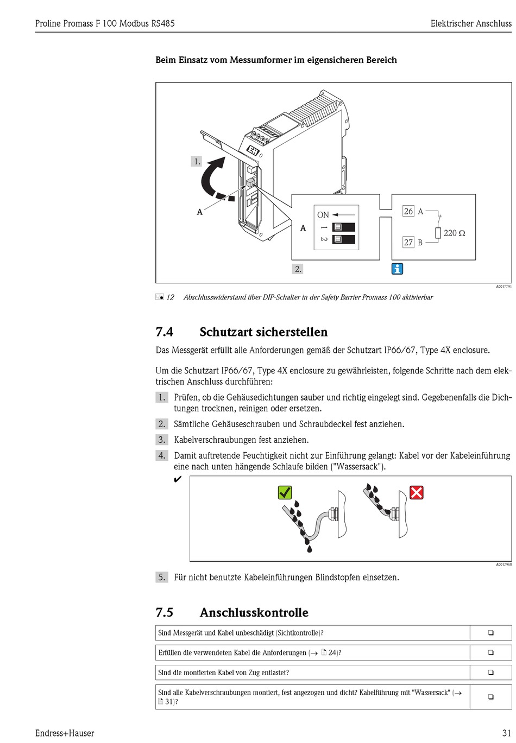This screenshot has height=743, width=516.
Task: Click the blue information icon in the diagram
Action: pyautogui.click(x=398, y=269)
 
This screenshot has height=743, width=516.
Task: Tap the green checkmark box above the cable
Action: pyautogui.click(x=285, y=492)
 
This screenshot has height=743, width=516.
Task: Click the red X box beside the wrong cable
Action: pyautogui.click(x=417, y=492)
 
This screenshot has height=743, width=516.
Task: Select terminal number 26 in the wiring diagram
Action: pyautogui.click(x=408, y=211)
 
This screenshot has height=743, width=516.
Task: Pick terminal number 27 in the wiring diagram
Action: pyautogui.click(x=408, y=243)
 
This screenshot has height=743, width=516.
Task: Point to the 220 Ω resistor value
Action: pyautogui.click(x=454, y=233)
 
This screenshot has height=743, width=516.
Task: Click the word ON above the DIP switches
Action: pyautogui.click(x=323, y=215)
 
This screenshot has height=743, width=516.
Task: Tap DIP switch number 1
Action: pyautogui.click(x=343, y=227)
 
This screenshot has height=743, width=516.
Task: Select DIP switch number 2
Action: pyautogui.click(x=343, y=239)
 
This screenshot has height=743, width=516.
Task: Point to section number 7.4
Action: pyautogui.click(x=165, y=332)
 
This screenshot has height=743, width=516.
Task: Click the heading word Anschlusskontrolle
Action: pyautogui.click(x=254, y=612)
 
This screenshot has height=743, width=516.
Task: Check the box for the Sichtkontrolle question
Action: pyautogui.click(x=490, y=633)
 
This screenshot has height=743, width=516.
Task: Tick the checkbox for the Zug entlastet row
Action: pyautogui.click(x=490, y=672)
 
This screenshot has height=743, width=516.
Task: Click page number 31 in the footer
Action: pyautogui.click(x=507, y=733)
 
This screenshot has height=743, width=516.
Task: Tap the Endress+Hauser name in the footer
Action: pyautogui.click(x=65, y=733)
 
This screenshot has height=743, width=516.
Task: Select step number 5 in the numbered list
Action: pyautogui.click(x=162, y=577)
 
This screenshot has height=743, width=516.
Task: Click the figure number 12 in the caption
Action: pyautogui.click(x=170, y=297)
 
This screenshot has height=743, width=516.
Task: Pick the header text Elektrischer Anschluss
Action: pyautogui.click(x=471, y=23)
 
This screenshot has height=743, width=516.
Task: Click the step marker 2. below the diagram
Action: pyautogui.click(x=298, y=269)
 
